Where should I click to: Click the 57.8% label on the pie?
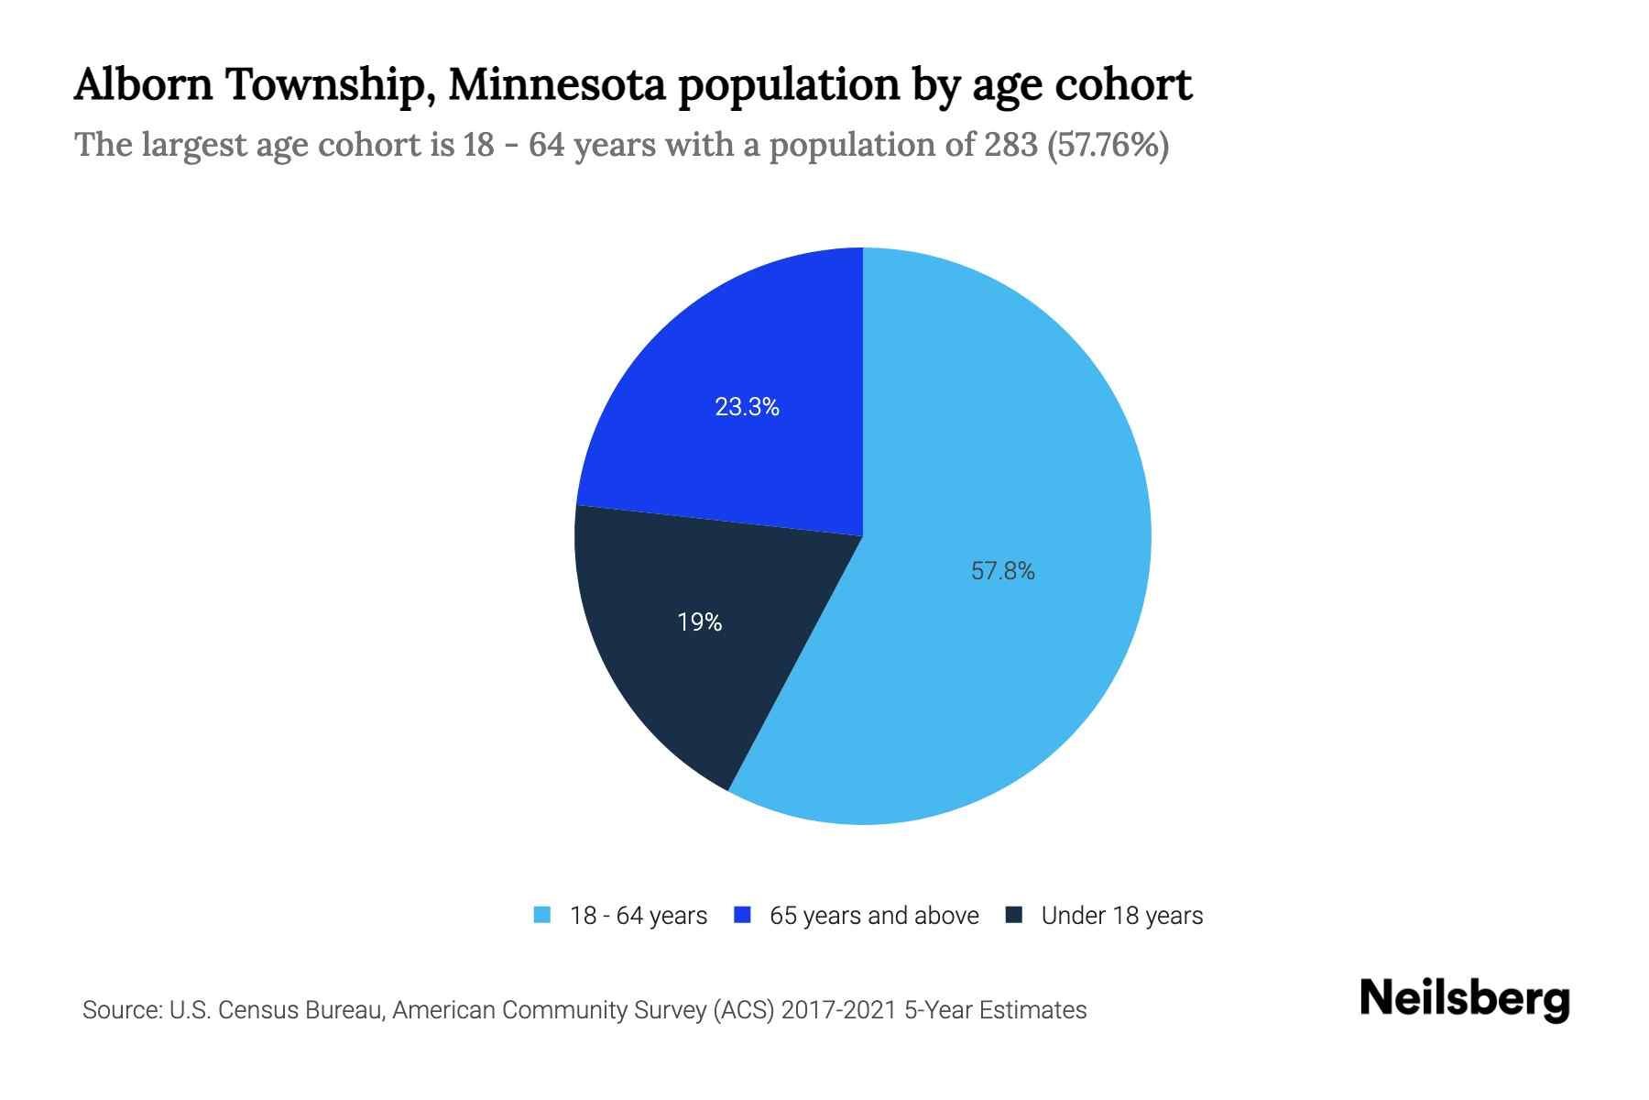coord(1002,571)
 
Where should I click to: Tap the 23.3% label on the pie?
coord(747,407)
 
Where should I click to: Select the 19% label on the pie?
coord(700,622)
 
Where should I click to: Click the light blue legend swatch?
coord(542,915)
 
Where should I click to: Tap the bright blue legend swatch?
coord(743,915)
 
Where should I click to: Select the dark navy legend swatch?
coord(1014,915)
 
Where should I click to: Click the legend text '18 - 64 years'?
coord(639,916)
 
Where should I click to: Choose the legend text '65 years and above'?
coord(874,916)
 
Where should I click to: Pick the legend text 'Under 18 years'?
coord(1122,916)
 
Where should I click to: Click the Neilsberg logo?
coord(1465,999)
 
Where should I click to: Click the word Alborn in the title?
coord(143,84)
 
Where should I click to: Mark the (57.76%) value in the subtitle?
coord(1108,145)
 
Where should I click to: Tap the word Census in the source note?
coord(259,1010)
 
